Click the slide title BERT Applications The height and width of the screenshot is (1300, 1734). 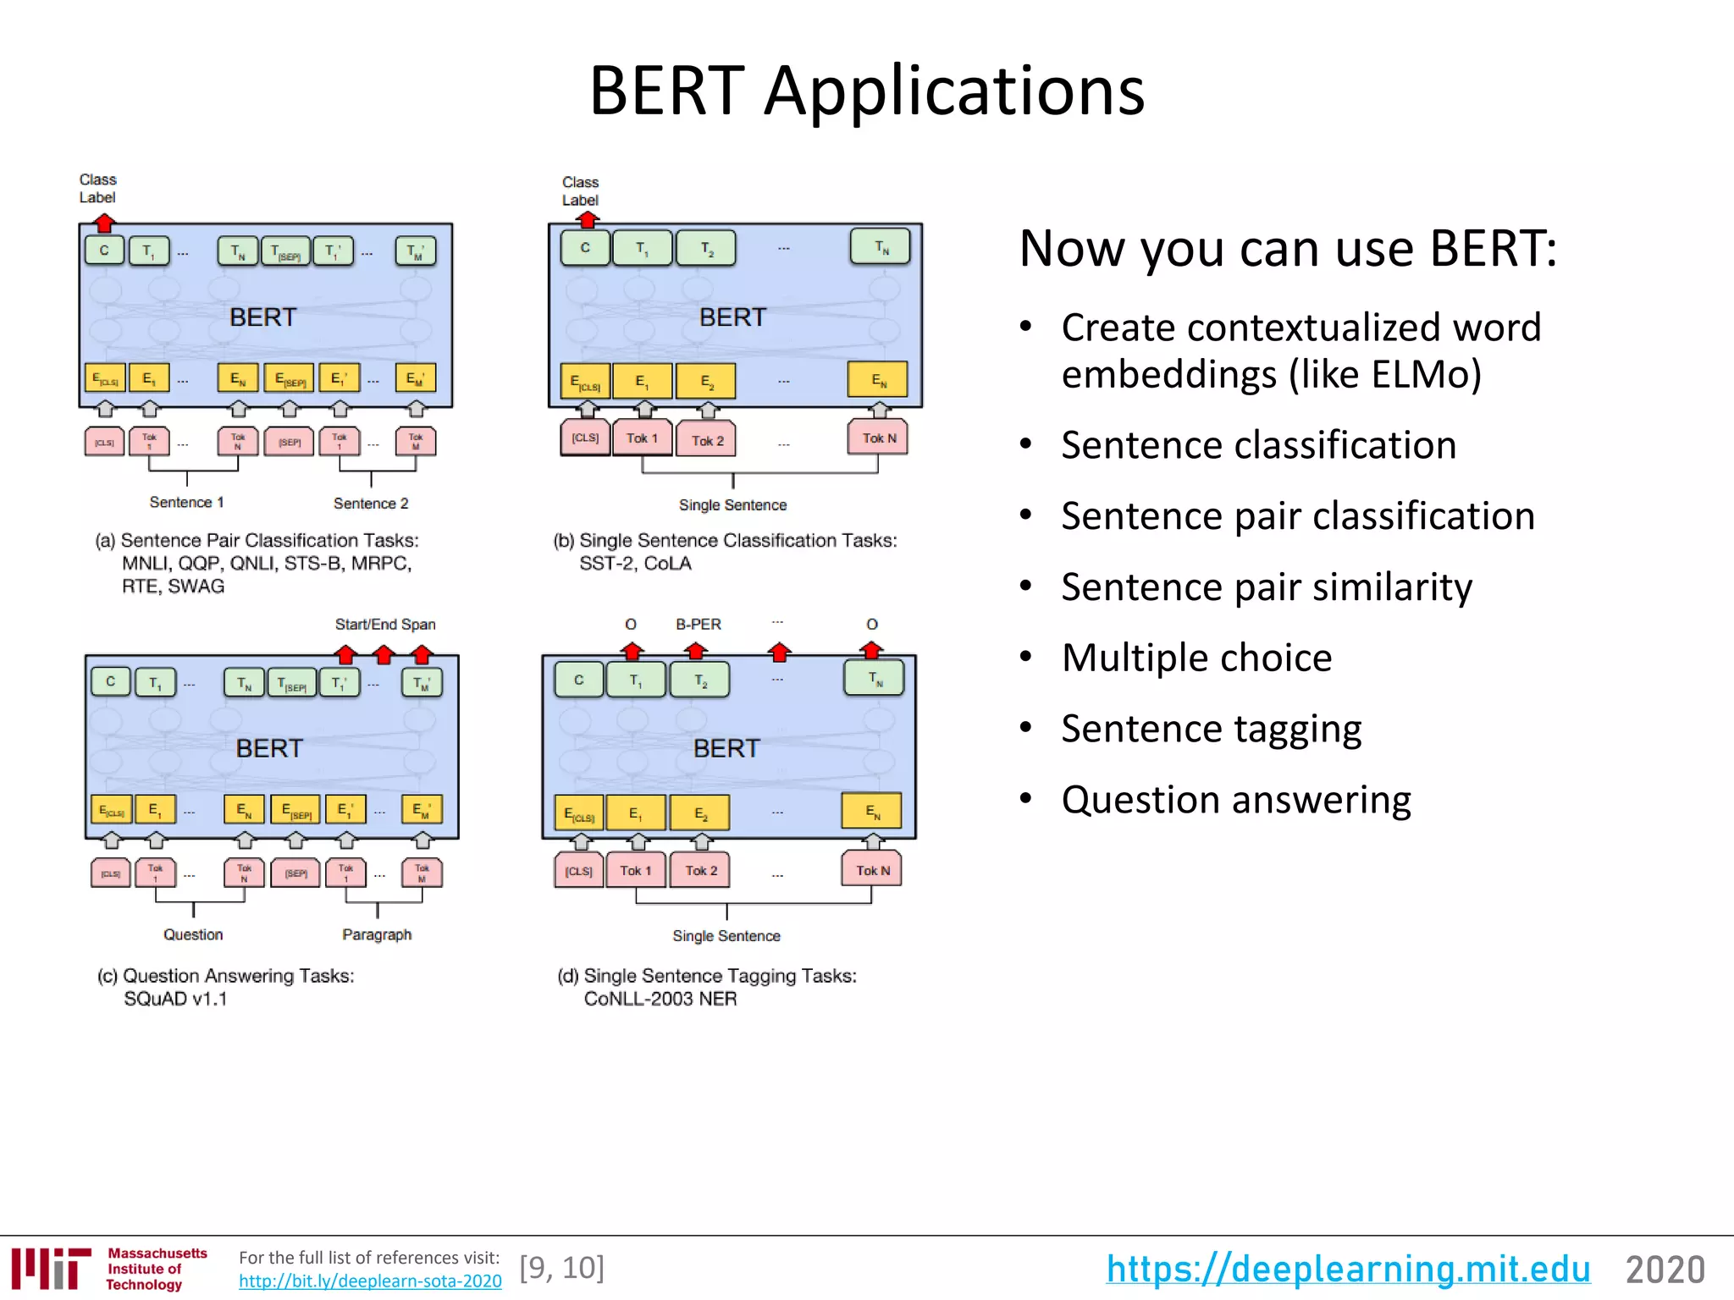pos(866,91)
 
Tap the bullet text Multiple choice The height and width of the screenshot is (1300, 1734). pos(1196,658)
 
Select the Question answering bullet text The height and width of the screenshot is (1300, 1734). pos(1235,800)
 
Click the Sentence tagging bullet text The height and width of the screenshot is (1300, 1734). pos(1211,729)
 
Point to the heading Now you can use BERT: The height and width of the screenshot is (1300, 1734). pos(1287,249)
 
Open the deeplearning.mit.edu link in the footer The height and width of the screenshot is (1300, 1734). pos(1347,1269)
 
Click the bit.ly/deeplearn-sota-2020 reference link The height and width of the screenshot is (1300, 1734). pos(370,1281)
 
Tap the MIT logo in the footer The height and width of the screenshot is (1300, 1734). pos(51,1268)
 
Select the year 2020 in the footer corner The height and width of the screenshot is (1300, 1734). pos(1664,1270)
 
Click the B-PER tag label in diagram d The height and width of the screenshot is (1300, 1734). pos(698,625)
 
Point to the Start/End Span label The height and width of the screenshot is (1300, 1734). pos(385,625)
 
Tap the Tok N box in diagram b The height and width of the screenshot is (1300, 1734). pos(878,438)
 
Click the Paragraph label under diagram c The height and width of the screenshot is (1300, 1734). pos(377,934)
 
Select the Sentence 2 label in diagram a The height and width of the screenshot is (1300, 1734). pos(370,504)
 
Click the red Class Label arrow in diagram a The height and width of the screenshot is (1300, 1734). pos(104,223)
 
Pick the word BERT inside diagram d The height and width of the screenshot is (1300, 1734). pos(726,748)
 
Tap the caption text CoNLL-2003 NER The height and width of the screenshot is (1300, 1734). pos(660,999)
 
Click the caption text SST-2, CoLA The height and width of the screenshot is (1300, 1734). pos(635,564)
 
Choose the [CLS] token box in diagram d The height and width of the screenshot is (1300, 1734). pos(579,871)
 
